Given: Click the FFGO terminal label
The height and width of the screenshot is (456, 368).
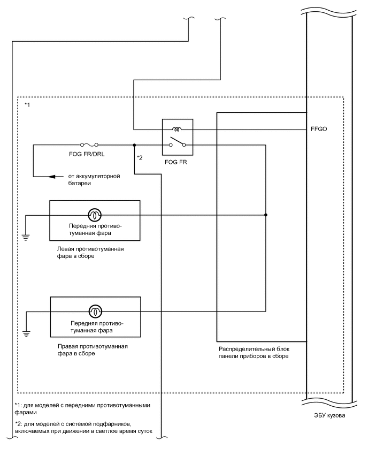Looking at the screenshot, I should click(320, 130).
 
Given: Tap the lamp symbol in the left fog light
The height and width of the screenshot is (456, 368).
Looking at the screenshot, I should click(94, 215).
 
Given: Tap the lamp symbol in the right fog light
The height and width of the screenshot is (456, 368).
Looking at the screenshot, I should click(94, 310).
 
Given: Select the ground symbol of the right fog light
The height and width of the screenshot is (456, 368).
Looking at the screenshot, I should click(26, 334).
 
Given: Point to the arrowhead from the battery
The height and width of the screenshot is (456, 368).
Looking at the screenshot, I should click(52, 176).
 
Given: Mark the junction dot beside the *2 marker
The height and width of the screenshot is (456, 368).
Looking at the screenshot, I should click(134, 145).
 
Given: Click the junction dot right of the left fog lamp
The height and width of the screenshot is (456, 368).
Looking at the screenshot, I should click(266, 215).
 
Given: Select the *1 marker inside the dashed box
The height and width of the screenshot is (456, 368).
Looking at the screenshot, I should click(28, 105).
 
